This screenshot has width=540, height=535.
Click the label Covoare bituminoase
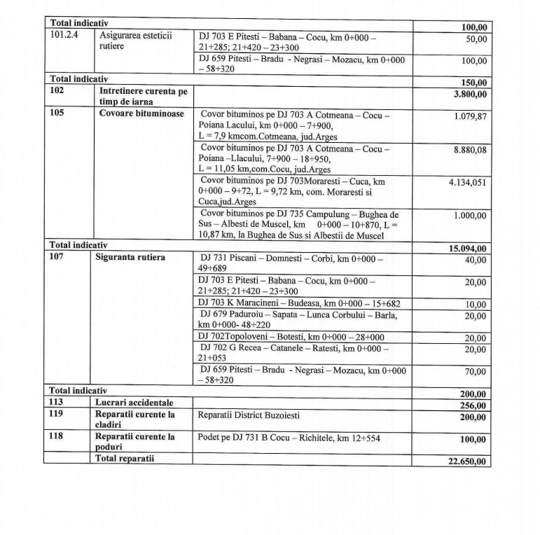(x=132, y=112)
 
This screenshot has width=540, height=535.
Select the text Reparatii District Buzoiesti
(x=249, y=416)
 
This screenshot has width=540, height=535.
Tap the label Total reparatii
(x=125, y=459)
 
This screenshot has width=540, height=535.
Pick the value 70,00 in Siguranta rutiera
(x=476, y=372)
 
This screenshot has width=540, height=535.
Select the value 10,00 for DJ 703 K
(x=476, y=305)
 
